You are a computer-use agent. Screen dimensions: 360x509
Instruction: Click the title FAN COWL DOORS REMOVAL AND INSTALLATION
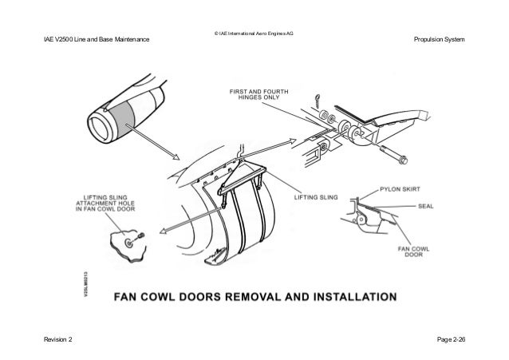pyautogui.click(x=254, y=298)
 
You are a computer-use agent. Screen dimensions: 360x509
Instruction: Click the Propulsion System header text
pyautogui.click(x=440, y=40)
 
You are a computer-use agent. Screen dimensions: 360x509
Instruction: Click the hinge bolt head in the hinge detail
pyautogui.click(x=400, y=152)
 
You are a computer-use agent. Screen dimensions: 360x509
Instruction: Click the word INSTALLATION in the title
pyautogui.click(x=349, y=298)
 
